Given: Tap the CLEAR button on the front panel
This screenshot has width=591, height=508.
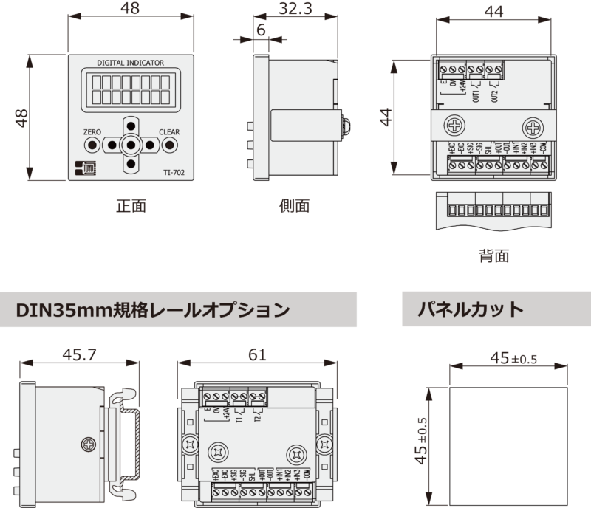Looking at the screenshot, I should point(169,145).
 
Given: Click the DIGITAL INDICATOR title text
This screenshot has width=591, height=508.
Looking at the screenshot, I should point(130,63).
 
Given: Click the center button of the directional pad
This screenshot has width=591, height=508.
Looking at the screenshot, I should point(131,145).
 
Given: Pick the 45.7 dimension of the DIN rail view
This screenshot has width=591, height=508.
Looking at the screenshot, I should point(79,355).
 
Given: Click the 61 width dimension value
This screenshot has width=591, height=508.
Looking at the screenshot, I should point(256,355).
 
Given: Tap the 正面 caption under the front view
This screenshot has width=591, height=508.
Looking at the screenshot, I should point(131,206).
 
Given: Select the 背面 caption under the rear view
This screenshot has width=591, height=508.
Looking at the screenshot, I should point(493,256).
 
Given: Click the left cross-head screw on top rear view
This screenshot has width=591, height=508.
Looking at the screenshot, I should point(454,124).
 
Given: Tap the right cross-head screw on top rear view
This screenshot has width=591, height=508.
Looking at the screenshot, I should point(532,124).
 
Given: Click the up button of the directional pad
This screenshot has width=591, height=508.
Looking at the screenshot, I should point(131,126).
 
